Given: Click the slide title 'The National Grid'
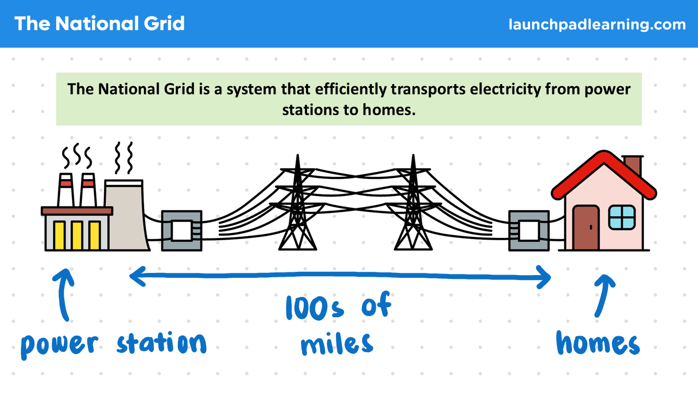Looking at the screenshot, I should pyautogui.click(x=99, y=23).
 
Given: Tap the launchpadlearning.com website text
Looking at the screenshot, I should pyautogui.click(x=597, y=25).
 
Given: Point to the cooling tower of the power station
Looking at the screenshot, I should pyautogui.click(x=126, y=216).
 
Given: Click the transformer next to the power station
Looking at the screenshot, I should pyautogui.click(x=182, y=231).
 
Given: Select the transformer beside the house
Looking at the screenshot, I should pyautogui.click(x=528, y=231).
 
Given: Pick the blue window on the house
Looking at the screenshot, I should pyautogui.click(x=622, y=217).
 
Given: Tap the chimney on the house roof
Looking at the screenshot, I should pyautogui.click(x=633, y=165).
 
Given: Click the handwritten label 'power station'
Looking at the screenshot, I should pyautogui.click(x=113, y=344).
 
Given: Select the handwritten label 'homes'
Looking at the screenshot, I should pyautogui.click(x=598, y=343).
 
